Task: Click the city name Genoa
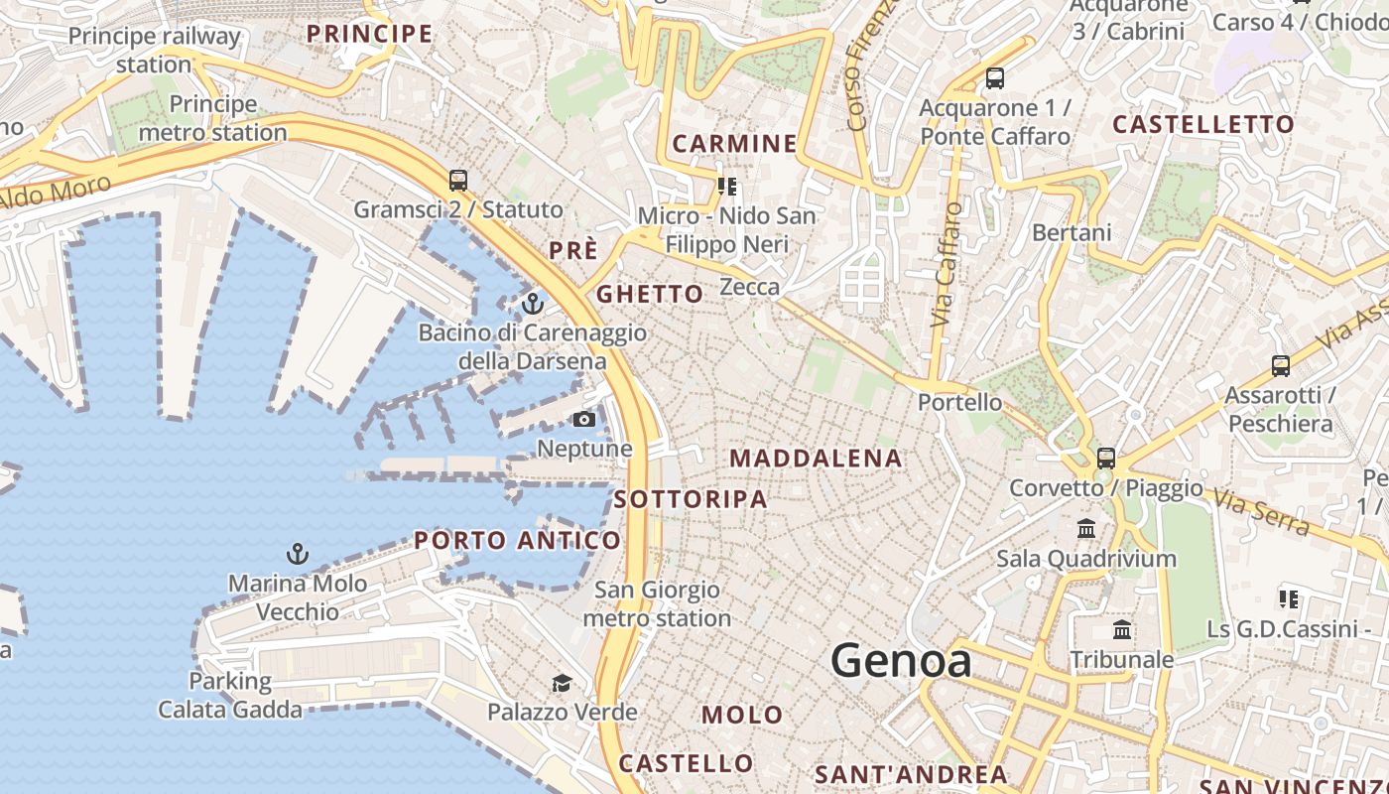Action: [901, 661]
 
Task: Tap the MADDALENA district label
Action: [816, 459]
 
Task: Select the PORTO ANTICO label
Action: [517, 541]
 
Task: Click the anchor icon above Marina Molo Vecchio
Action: [297, 554]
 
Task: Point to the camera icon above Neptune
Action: [584, 420]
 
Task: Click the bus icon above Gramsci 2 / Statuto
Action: [457, 181]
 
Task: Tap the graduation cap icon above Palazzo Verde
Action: [562, 683]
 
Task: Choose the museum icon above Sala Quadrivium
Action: [1086, 528]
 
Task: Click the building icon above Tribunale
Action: [1122, 630]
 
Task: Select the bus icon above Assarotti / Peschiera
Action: [1281, 366]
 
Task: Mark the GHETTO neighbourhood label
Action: [650, 294]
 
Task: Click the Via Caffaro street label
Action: [947, 265]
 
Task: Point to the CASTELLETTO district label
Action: [1203, 125]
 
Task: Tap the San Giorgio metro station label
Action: [657, 604]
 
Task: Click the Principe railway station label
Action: [154, 51]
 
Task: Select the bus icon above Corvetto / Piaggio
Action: [1105, 459]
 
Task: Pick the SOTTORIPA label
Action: [691, 499]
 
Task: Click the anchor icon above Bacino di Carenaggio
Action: [533, 303]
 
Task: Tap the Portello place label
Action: [959, 403]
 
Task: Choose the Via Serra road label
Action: [1261, 510]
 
